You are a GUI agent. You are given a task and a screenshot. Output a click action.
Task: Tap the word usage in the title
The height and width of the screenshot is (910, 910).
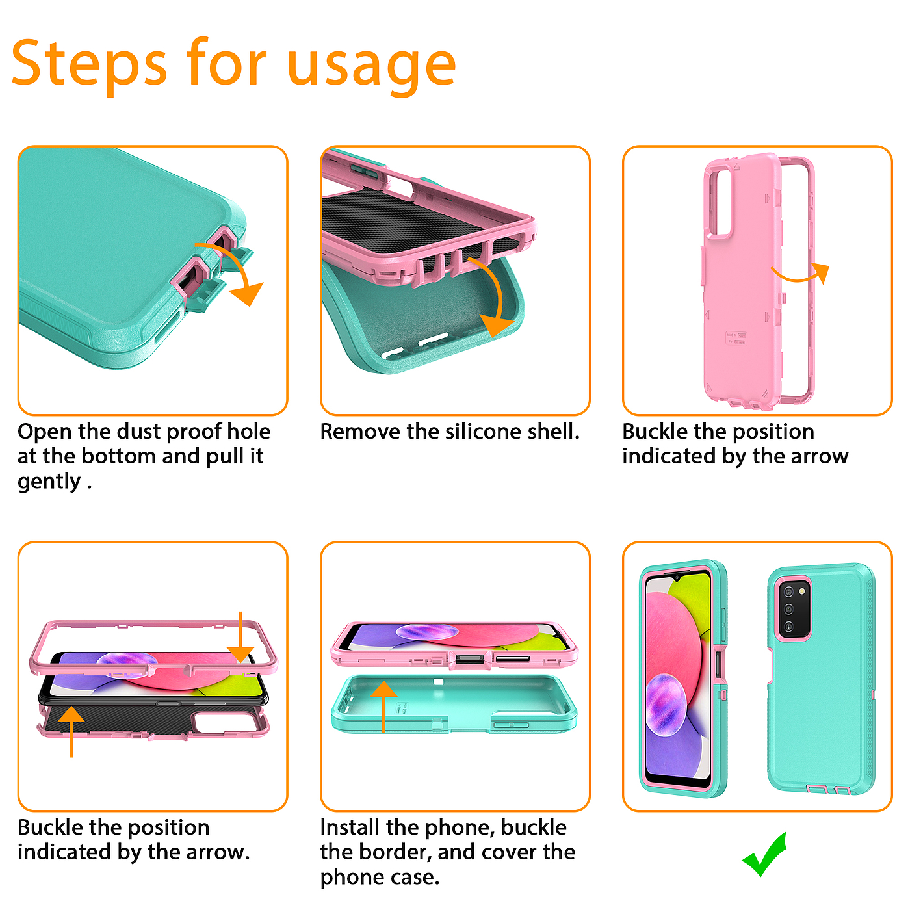tap(372, 67)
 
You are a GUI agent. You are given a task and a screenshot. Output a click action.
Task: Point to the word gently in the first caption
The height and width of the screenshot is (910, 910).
tap(49, 482)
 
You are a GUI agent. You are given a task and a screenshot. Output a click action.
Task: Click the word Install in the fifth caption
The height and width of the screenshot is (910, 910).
tap(350, 827)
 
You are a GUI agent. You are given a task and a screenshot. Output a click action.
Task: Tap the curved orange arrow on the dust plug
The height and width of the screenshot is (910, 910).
tap(232, 270)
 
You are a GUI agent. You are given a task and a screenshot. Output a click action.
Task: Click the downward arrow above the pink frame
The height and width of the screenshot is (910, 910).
tap(240, 637)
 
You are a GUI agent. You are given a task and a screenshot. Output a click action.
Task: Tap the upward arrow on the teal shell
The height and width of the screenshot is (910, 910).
tap(383, 707)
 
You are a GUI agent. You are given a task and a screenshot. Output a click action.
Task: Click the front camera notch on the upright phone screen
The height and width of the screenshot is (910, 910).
tap(677, 578)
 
